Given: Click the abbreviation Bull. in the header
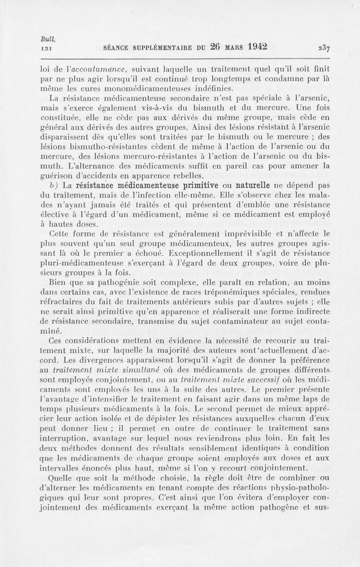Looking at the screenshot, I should tap(46, 39).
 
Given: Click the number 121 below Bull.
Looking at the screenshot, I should tap(45, 47).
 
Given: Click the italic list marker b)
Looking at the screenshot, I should tap(54, 186).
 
